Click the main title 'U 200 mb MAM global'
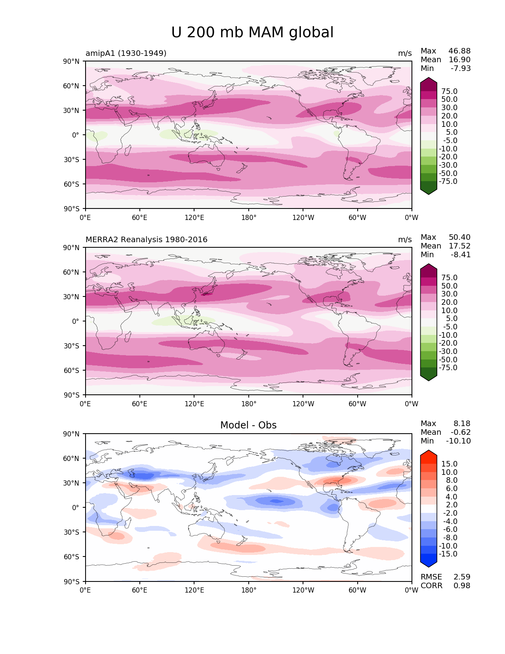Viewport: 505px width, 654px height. tap(252, 32)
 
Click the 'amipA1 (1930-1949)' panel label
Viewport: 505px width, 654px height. tap(126, 53)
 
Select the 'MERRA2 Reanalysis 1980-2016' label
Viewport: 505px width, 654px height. tap(147, 239)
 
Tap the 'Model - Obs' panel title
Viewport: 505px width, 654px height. tap(248, 425)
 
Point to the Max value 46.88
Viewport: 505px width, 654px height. tap(459, 51)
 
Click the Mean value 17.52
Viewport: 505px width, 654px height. tap(459, 246)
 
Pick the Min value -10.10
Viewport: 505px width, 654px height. tap(458, 441)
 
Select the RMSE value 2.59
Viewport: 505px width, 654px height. tap(462, 577)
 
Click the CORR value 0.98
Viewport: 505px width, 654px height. tap(462, 585)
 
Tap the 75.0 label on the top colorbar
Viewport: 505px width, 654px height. tap(449, 91)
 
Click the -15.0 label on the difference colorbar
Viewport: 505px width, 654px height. tap(448, 554)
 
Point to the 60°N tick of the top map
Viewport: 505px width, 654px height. tap(71, 86)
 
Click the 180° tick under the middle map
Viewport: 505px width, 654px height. tap(249, 403)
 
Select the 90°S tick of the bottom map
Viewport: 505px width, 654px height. tap(71, 581)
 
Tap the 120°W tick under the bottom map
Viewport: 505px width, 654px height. tap(303, 590)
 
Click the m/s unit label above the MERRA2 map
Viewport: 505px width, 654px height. tap(405, 239)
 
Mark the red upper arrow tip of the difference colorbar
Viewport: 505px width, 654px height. tap(428, 451)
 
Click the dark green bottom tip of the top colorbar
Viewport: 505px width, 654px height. tap(428, 194)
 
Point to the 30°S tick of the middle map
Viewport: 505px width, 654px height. tap(71, 346)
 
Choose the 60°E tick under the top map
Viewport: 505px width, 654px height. tap(139, 217)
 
